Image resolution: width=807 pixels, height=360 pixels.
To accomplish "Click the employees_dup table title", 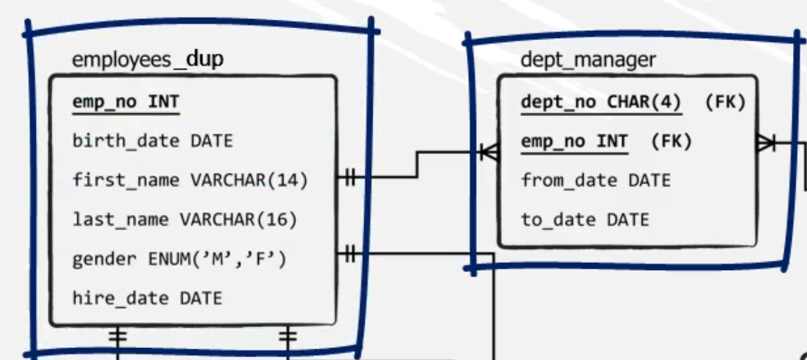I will coord(148,59).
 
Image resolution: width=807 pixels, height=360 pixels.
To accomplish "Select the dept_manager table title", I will coord(588,60).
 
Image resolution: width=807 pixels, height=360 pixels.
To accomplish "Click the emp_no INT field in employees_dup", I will coord(126,103).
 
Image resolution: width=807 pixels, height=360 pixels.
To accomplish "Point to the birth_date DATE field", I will coord(152,141).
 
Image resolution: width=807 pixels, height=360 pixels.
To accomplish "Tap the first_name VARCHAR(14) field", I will coord(191,181).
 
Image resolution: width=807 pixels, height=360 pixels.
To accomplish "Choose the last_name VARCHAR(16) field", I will coord(185,220).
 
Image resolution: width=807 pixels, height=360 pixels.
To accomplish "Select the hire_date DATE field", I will coord(147,299).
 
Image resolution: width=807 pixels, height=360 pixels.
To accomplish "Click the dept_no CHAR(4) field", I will coord(601,103).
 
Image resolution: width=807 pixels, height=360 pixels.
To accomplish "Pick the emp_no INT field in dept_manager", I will coord(574,142).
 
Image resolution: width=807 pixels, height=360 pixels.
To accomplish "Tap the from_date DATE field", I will coord(595,181).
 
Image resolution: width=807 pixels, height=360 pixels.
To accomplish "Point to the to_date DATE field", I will coord(585,220).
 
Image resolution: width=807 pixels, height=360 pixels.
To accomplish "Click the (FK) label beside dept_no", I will coord(725,103).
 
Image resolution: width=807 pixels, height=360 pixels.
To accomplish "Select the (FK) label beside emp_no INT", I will coord(671,142).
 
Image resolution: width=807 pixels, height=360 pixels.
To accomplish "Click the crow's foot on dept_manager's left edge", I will coord(489,151).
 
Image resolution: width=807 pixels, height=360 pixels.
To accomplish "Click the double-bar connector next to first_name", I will coord(349,178).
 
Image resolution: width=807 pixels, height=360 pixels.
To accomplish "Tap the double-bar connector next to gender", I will coord(349,254).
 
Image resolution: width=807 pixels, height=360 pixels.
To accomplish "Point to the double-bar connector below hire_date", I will coord(119,337).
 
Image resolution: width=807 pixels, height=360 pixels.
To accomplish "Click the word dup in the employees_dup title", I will coord(205,59).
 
